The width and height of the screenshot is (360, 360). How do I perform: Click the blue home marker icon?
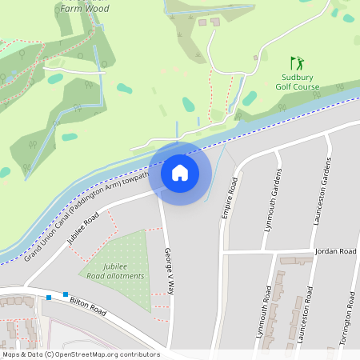coord(180,172)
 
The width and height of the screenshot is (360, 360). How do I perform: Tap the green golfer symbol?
coord(297,63)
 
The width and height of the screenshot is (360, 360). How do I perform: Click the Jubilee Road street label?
coord(82,227)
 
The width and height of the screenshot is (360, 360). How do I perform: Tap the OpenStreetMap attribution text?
coord(81,354)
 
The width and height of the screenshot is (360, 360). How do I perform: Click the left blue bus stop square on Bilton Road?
coord(49,298)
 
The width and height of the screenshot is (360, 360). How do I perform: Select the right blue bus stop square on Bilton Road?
coord(66,294)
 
